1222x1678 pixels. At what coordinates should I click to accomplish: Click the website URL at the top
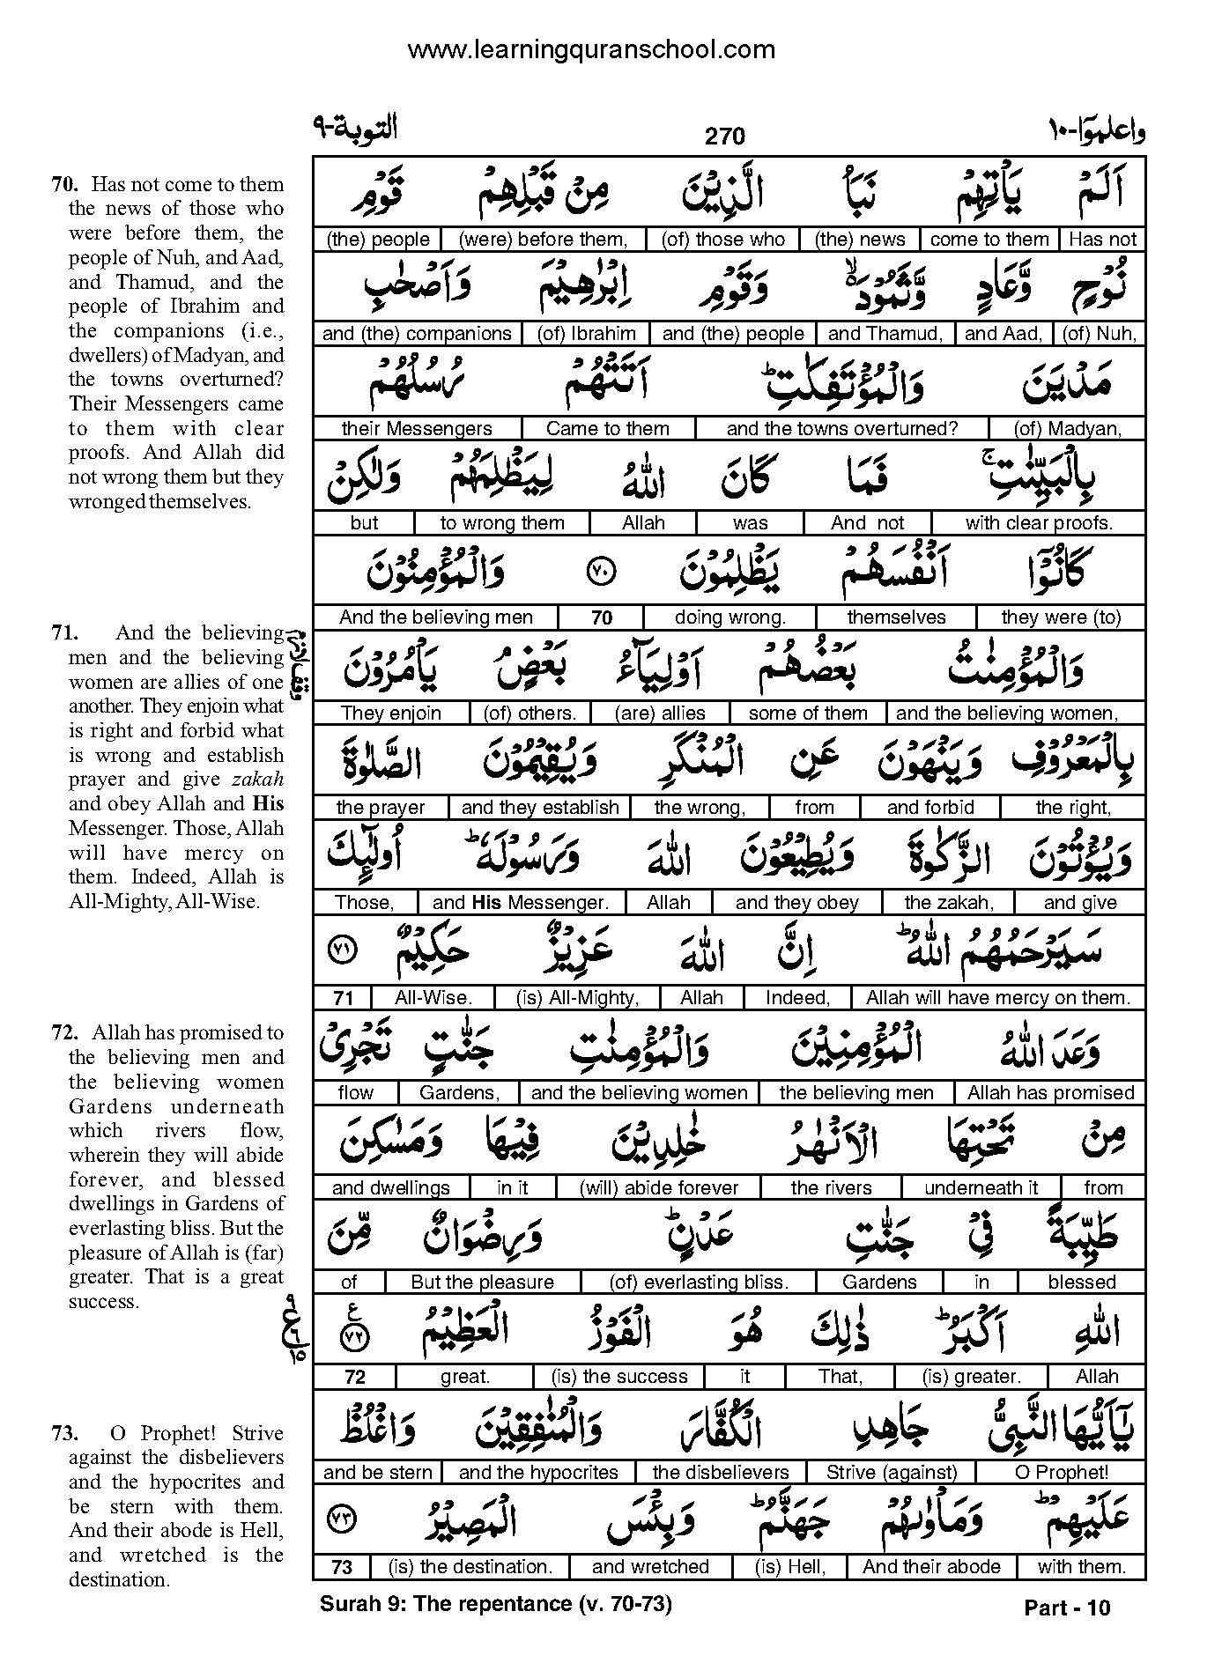click(591, 50)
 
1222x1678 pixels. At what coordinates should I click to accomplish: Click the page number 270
click(724, 136)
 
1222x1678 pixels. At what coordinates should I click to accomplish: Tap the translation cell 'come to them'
click(989, 240)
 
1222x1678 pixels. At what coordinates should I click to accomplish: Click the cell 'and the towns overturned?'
click(841, 429)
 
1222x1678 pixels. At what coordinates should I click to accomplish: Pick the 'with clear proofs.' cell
click(1039, 523)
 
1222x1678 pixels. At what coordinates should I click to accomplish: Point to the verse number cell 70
click(602, 618)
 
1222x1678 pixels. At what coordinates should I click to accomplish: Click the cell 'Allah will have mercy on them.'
click(997, 998)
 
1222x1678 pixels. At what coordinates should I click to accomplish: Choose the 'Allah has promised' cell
click(1050, 1093)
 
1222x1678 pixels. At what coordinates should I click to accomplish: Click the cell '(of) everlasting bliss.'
click(699, 1283)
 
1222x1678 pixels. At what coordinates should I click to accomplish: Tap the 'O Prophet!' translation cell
click(1062, 1472)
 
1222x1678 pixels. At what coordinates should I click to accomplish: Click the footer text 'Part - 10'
click(1067, 1608)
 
